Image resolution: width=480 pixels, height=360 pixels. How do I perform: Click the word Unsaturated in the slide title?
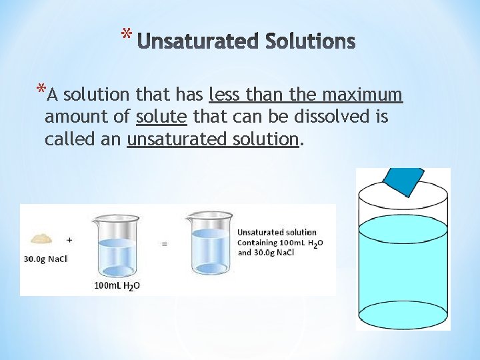(199, 42)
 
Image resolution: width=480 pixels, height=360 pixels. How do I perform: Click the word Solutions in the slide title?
(310, 42)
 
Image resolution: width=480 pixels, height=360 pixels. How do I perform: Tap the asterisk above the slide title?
(127, 33)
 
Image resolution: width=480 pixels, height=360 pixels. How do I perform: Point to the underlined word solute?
(161, 117)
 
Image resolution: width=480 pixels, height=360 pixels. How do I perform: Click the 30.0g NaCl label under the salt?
(46, 259)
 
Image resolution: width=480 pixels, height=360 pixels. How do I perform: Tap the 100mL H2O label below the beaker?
(117, 286)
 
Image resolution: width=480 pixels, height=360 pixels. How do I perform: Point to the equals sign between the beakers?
(165, 244)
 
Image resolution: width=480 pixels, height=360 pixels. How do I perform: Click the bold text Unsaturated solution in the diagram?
(277, 232)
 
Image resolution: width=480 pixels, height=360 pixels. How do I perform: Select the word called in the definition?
(66, 139)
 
